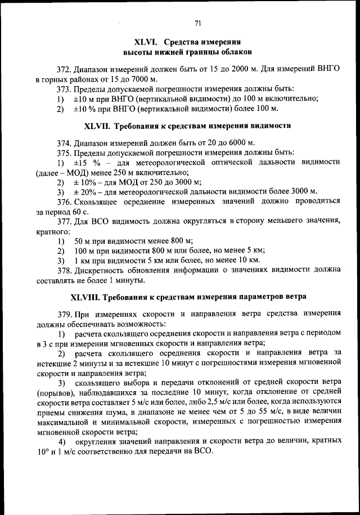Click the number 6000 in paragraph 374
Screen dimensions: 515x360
tap(234, 142)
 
